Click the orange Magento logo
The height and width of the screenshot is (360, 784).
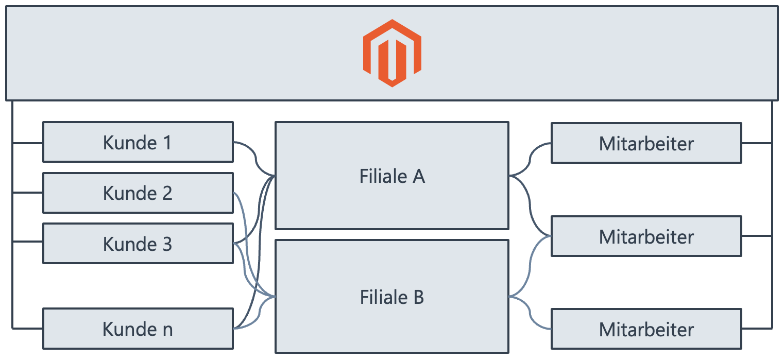(x=392, y=53)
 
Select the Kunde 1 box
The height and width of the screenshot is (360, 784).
(x=138, y=142)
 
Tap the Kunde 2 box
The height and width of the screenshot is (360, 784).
(x=138, y=193)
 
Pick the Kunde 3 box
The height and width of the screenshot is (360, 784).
(x=138, y=244)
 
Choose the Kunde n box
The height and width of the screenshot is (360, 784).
(x=138, y=329)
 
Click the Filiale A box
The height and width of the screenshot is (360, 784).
(x=392, y=176)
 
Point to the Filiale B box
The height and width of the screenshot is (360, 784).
(x=392, y=297)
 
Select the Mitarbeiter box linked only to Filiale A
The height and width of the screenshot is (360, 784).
(x=646, y=143)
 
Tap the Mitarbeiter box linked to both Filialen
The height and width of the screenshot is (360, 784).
(x=646, y=237)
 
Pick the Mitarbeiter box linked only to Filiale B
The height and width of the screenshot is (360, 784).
(x=646, y=329)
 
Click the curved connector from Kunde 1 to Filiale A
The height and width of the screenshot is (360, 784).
(x=255, y=157)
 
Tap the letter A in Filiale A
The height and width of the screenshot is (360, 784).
(x=418, y=176)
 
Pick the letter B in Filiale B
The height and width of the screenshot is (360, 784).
(x=418, y=297)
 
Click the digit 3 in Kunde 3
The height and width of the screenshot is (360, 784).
(x=166, y=244)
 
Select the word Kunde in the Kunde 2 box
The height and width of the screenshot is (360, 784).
(x=128, y=193)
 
